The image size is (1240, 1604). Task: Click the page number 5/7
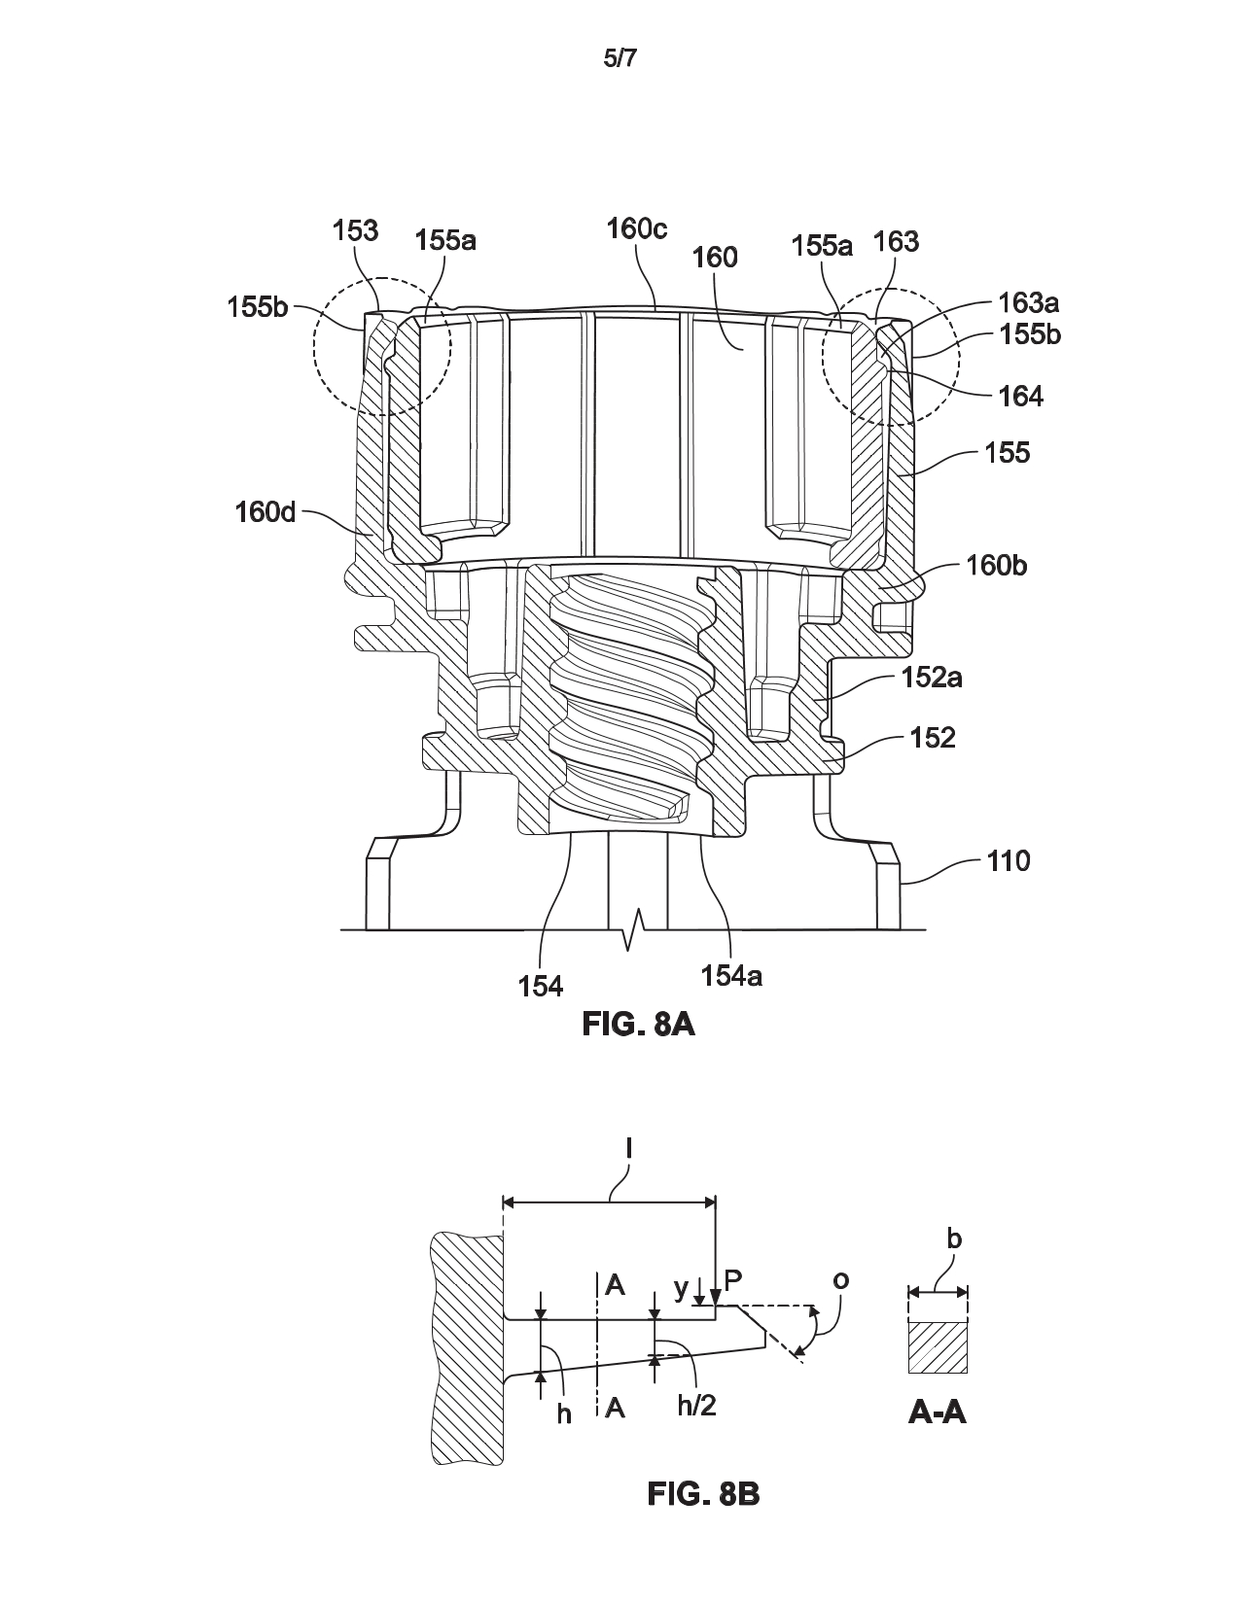click(620, 59)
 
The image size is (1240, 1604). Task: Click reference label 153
click(355, 231)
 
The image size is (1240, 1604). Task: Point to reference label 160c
click(637, 228)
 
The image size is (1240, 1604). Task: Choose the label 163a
click(1029, 302)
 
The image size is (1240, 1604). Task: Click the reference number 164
click(1020, 398)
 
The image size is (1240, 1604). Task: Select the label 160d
click(266, 512)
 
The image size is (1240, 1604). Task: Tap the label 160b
click(996, 566)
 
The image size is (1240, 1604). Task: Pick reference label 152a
click(932, 678)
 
